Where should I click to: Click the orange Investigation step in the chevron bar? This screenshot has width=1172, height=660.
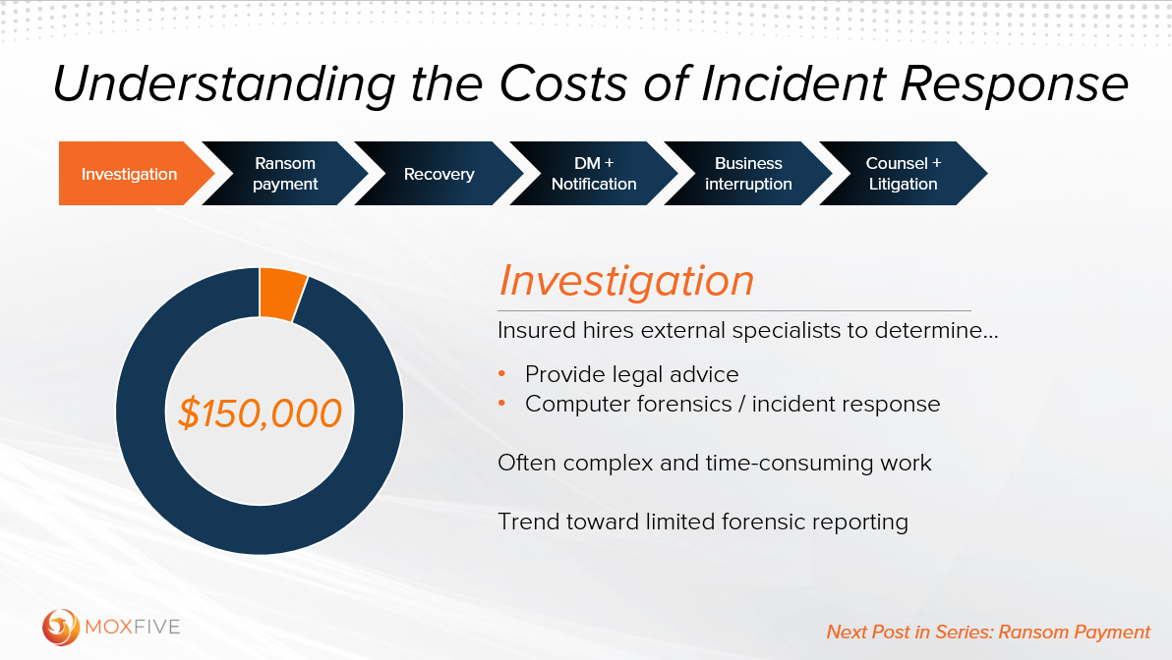click(130, 174)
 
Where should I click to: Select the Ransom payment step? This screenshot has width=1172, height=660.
click(285, 174)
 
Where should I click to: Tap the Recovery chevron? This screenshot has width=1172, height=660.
click(439, 174)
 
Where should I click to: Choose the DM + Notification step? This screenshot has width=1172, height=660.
click(594, 174)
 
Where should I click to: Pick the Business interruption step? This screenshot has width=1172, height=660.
click(748, 174)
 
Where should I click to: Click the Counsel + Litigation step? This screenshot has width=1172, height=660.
click(903, 174)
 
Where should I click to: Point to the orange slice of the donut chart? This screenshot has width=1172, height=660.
click(282, 295)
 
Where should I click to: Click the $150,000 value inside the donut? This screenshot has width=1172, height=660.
click(260, 413)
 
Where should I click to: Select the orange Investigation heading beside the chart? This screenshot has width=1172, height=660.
click(626, 281)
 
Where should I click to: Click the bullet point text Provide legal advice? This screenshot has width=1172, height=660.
click(631, 374)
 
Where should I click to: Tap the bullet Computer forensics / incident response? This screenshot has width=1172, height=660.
click(732, 404)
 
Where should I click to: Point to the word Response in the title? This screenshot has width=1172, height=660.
click(1015, 84)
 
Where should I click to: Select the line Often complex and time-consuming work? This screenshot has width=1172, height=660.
click(714, 463)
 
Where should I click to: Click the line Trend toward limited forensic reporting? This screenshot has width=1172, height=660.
click(702, 522)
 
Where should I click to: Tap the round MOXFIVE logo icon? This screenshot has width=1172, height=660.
click(61, 627)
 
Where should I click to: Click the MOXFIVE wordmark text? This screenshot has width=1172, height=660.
click(133, 627)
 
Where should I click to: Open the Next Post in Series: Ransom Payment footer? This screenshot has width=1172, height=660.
click(987, 632)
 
